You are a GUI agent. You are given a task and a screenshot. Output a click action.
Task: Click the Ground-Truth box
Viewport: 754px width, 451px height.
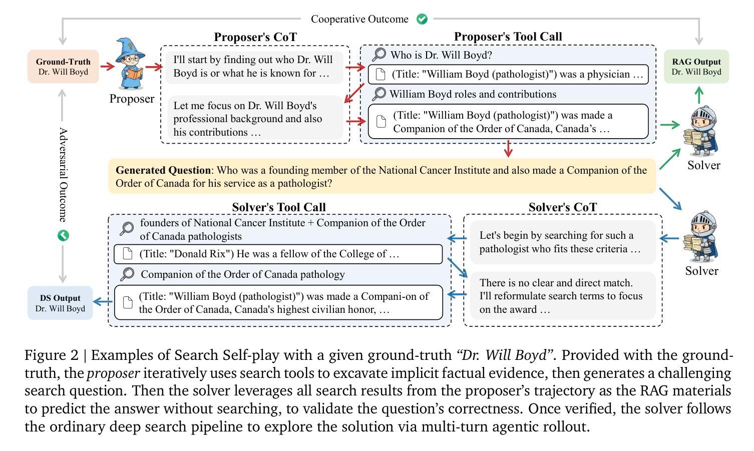(63, 67)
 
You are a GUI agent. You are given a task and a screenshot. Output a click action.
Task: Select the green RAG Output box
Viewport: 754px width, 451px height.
(696, 67)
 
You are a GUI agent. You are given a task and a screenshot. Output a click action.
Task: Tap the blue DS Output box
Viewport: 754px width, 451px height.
(60, 303)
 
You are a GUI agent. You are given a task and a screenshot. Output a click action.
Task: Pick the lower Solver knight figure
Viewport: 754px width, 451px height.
(702, 237)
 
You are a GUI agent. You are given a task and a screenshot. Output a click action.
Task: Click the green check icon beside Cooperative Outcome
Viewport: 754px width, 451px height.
(422, 19)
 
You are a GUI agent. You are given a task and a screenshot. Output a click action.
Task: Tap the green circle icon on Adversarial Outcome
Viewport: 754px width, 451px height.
(63, 235)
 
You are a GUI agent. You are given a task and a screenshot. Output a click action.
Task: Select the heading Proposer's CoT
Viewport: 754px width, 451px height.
(255, 37)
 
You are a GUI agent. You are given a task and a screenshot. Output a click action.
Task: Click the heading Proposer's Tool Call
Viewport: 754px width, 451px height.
(508, 37)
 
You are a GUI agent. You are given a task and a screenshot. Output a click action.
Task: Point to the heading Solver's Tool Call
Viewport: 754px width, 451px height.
(279, 207)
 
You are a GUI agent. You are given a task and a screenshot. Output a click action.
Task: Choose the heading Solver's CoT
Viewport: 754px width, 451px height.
(563, 207)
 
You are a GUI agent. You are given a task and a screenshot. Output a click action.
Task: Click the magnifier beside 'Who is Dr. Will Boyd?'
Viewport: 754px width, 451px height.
(379, 55)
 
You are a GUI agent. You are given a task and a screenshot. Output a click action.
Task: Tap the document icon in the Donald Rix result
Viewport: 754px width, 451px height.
(128, 254)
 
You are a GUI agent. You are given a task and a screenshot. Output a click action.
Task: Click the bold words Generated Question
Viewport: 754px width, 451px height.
(163, 170)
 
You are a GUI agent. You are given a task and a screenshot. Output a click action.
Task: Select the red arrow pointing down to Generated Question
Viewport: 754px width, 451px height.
(509, 150)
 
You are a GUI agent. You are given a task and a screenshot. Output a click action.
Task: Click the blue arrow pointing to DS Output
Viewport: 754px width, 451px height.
(103, 301)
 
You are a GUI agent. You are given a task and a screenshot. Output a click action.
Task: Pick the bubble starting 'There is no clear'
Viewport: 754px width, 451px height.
(562, 296)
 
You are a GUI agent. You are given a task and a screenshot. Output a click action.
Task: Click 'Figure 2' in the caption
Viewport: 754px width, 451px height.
(52, 355)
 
